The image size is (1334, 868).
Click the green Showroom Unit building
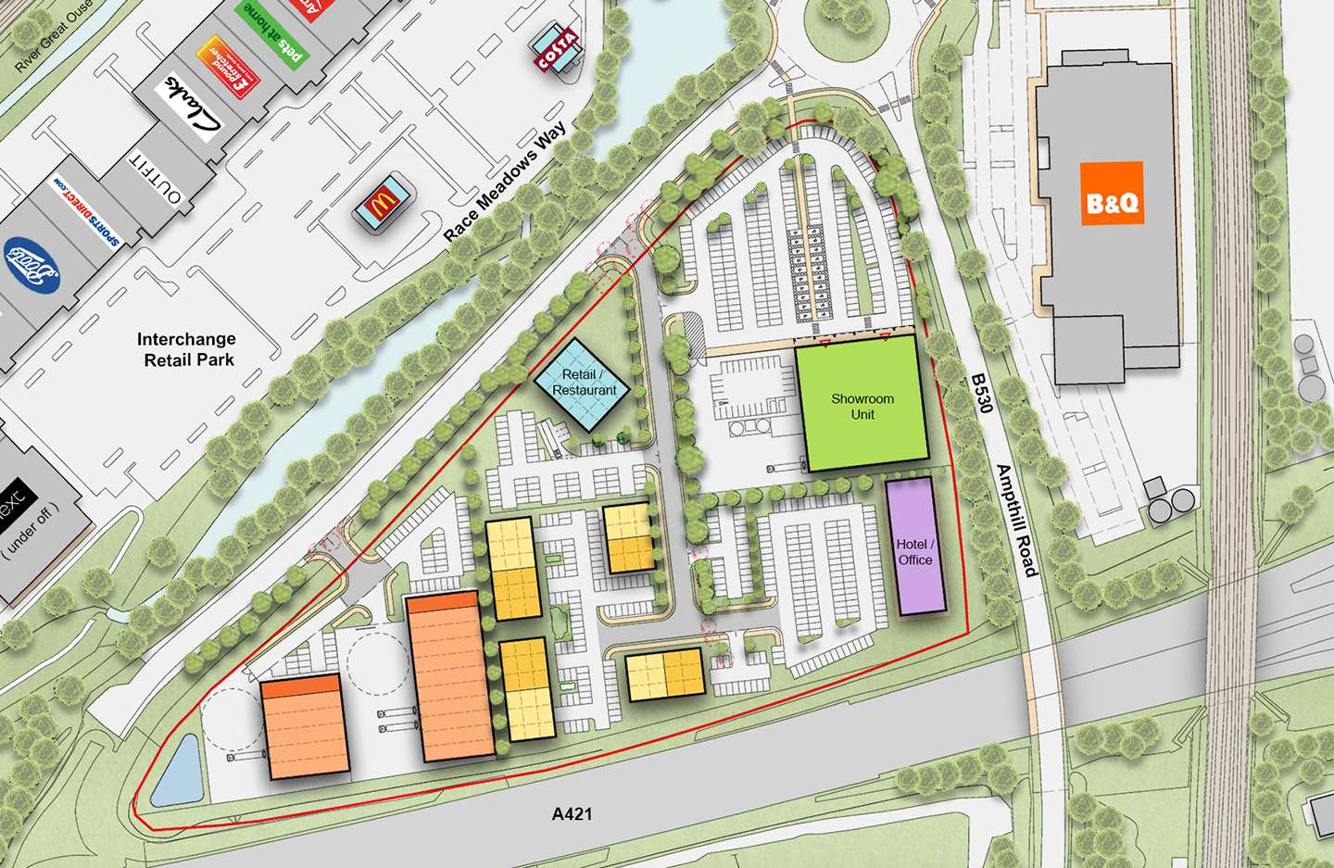862,405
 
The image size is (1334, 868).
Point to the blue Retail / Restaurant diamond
583,384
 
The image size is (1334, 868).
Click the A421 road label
572,814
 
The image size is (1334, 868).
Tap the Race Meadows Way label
504,182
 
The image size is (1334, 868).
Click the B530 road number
981,394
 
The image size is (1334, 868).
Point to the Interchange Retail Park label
187,349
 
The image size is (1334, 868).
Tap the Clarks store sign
195,107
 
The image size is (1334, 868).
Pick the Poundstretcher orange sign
227,66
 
